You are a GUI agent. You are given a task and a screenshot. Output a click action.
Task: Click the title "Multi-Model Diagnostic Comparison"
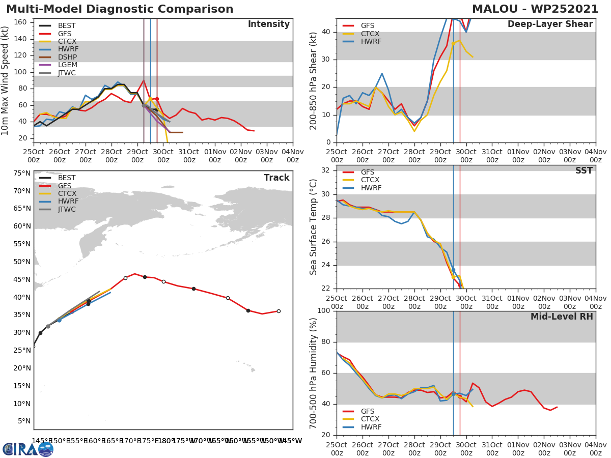pyautogui.click(x=120, y=9)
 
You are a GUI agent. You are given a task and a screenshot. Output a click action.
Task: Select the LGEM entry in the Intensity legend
pyautogui.click(x=66, y=65)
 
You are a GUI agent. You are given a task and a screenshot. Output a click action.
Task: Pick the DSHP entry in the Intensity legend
pyautogui.click(x=66, y=58)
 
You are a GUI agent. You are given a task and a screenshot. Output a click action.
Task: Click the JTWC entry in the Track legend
pyautogui.click(x=67, y=210)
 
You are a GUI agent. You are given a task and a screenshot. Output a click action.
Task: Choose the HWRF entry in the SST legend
pyautogui.click(x=371, y=188)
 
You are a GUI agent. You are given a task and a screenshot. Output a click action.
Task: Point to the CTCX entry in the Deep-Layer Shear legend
pyautogui.click(x=371, y=34)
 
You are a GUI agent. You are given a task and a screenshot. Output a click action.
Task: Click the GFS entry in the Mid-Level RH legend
pyautogui.click(x=368, y=411)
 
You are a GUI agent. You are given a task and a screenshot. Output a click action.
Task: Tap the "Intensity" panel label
pyautogui.click(x=268, y=24)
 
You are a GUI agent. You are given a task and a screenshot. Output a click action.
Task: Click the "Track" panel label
pyautogui.click(x=276, y=178)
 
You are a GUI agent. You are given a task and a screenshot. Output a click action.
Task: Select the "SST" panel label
pyautogui.click(x=584, y=171)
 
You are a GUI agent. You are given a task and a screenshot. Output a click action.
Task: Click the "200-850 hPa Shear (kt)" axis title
pyautogui.click(x=314, y=80)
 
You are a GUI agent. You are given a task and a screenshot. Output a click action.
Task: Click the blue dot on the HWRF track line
pyautogui.click(x=59, y=320)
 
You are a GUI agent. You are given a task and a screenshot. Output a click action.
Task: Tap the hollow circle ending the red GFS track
pyautogui.click(x=279, y=311)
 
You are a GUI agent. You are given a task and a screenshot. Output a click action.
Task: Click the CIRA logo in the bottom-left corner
pyautogui.click(x=28, y=449)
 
